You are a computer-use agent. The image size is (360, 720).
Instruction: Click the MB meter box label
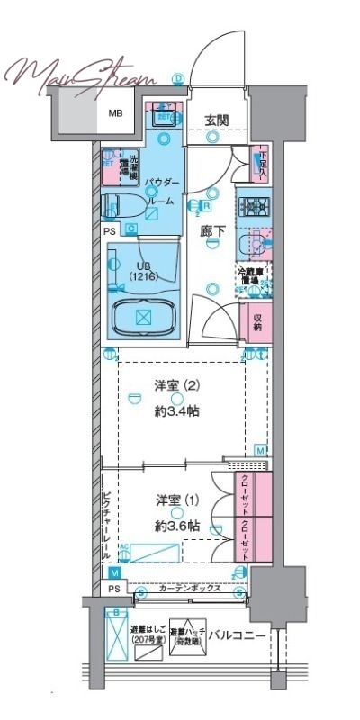(117, 113)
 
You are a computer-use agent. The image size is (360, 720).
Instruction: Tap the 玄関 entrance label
(216, 121)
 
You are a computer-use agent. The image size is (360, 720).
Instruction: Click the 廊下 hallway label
(211, 231)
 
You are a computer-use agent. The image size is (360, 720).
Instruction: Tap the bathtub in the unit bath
(144, 317)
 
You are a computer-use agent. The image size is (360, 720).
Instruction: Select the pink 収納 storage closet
(257, 321)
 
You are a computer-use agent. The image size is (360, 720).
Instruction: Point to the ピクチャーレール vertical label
(105, 526)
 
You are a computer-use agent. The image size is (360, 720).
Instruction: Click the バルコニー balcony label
(237, 635)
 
